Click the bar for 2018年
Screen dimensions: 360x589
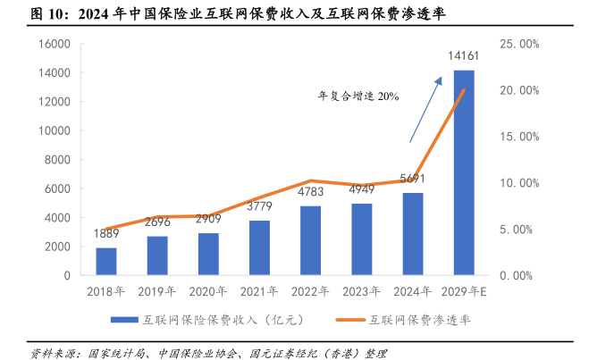(x=106, y=261)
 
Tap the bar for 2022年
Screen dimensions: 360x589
(x=310, y=240)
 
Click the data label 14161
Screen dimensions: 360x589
(x=464, y=57)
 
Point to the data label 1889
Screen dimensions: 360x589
(x=106, y=236)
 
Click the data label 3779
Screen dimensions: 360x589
(x=259, y=207)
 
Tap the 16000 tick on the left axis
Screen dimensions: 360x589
(x=55, y=43)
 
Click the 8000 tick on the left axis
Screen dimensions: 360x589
(x=59, y=160)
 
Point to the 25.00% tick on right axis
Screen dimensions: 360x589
(x=518, y=43)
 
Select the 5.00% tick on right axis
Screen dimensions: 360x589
(x=518, y=229)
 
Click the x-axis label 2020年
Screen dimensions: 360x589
(x=208, y=291)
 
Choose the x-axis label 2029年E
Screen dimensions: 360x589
(x=464, y=291)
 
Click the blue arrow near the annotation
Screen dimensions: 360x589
(x=425, y=109)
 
